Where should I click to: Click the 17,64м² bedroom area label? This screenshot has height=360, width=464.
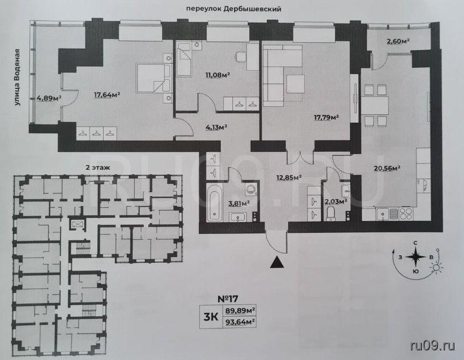[x=107, y=95]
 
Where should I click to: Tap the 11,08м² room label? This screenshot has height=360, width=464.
[x=218, y=75]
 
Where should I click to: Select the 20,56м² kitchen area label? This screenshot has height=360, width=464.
[x=387, y=168]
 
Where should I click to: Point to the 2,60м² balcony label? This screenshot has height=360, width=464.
[x=398, y=41]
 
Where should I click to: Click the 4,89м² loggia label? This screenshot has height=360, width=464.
[x=49, y=98]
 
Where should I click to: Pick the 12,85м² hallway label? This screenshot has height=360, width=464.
[x=289, y=177]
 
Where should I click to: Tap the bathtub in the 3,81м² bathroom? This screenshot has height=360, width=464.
[x=214, y=202]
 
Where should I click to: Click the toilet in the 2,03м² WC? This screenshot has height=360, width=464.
[x=330, y=214]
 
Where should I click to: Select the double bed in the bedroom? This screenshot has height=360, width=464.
[x=153, y=78]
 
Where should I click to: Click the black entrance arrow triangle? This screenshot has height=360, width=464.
[x=277, y=262]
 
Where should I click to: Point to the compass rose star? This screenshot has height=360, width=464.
[x=416, y=257]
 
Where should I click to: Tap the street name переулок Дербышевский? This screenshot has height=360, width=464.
[x=234, y=9]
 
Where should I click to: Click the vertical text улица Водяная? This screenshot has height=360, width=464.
[x=18, y=77]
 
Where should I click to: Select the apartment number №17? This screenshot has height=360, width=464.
[x=228, y=299]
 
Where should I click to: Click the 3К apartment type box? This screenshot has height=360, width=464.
[x=211, y=317]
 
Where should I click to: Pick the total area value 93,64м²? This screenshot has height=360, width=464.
[x=241, y=322]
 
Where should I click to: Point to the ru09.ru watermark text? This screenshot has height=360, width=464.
[x=432, y=345]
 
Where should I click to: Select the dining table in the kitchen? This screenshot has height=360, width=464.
[x=374, y=105]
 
